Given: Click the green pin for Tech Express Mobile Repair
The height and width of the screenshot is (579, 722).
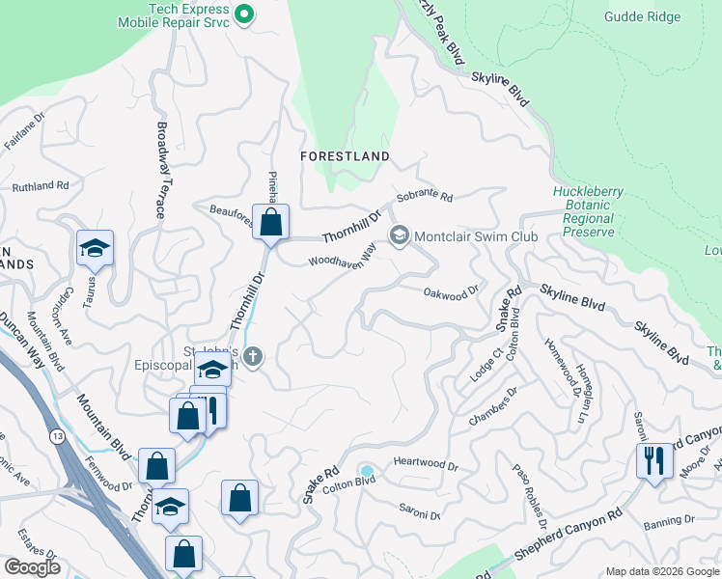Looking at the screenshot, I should pyautogui.click(x=244, y=14).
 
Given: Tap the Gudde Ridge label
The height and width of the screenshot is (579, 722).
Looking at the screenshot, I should pyautogui.click(x=642, y=16).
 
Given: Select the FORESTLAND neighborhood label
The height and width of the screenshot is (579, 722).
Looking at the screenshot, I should pyautogui.click(x=345, y=156).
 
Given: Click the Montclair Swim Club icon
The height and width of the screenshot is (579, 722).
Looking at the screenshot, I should pyautogui.click(x=399, y=235).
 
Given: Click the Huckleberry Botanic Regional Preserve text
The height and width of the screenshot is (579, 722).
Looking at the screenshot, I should pyautogui.click(x=583, y=211).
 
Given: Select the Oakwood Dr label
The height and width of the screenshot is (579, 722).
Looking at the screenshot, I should pyautogui.click(x=451, y=290).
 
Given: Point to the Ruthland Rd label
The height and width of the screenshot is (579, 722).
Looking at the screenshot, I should pyautogui.click(x=41, y=185).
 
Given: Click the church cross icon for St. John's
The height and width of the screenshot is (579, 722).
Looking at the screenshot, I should pyautogui.click(x=252, y=357).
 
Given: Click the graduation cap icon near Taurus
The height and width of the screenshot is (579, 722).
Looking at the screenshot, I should pyautogui.click(x=95, y=249).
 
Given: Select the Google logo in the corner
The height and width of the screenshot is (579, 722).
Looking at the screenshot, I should pyautogui.click(x=32, y=567).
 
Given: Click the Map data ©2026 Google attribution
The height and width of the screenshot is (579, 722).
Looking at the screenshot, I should pyautogui.click(x=661, y=571).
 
